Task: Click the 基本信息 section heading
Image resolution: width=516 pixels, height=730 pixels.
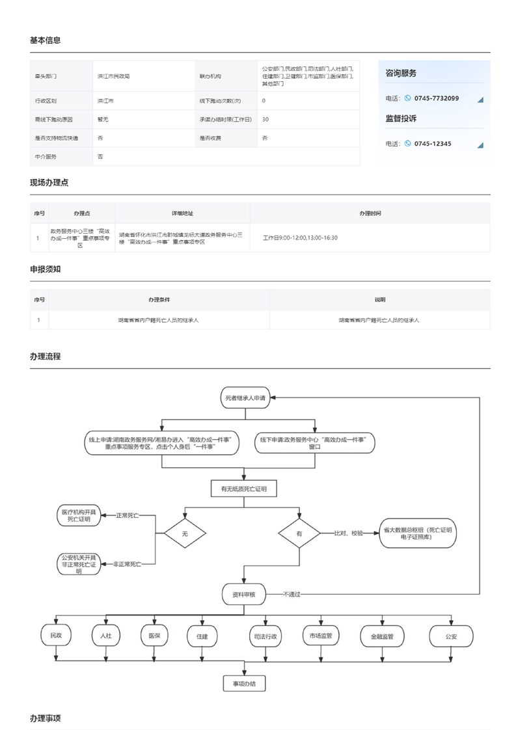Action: coord(46,40)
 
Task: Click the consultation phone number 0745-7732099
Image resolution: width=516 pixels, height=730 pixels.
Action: coord(436,98)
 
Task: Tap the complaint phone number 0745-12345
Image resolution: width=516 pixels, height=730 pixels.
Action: coord(432,144)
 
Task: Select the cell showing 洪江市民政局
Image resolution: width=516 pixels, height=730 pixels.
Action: coord(114,77)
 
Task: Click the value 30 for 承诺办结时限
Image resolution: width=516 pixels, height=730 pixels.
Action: coord(265,120)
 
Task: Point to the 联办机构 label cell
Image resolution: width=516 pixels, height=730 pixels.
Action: coord(210,77)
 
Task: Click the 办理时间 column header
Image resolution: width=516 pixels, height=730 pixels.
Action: coord(370,213)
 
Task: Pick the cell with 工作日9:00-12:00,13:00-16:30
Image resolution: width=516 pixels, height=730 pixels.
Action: coord(300,237)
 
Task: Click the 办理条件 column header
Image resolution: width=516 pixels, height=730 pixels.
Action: coord(159,300)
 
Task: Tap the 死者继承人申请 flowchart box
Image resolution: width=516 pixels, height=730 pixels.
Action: coord(245,397)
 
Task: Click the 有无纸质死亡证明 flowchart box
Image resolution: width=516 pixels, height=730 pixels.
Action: coord(244,488)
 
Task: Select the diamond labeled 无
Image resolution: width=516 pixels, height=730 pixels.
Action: coord(185,534)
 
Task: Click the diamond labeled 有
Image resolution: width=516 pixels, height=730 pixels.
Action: coord(299,534)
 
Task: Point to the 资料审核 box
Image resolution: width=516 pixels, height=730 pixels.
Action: coord(244,594)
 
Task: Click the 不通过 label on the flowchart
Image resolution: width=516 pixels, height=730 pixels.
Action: coord(292,594)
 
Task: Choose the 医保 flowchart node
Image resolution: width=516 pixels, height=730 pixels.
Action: coord(154,636)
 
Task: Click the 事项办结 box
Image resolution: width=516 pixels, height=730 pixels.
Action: coord(244,684)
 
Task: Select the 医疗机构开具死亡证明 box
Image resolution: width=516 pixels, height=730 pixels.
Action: coord(78,516)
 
